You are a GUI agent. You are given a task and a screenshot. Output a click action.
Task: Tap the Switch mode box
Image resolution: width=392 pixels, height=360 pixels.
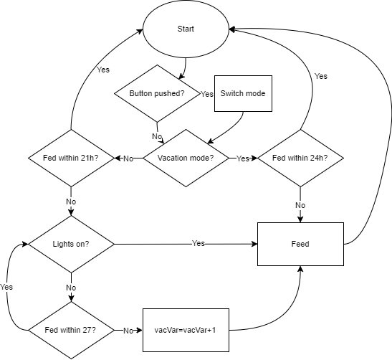(244, 93)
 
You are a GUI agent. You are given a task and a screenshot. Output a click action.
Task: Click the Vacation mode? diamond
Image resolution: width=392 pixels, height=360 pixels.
(186, 158)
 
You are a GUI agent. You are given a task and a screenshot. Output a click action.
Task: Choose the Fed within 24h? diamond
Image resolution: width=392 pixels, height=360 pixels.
(301, 158)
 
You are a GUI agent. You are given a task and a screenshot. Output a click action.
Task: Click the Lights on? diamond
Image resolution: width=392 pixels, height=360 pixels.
(71, 244)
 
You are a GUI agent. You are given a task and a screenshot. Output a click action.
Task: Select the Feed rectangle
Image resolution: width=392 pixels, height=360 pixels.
(301, 244)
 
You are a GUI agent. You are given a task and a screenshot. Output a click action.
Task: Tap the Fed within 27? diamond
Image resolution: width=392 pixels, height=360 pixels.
(71, 330)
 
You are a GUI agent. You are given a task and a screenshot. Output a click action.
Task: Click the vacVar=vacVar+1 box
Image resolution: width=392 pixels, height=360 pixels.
(186, 330)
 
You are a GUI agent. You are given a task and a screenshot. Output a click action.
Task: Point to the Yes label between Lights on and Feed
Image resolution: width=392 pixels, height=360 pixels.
(198, 244)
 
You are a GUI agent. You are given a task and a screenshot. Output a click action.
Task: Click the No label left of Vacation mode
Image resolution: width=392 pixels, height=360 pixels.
(128, 158)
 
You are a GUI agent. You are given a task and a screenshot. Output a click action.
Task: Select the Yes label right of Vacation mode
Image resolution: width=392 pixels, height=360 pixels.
(243, 158)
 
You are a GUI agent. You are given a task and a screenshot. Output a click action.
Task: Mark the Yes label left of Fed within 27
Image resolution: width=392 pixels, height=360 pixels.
(6, 286)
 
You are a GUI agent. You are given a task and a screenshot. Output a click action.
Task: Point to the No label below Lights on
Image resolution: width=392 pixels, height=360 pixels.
(71, 287)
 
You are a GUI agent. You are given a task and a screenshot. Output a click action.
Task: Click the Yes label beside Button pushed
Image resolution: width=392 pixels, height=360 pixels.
(207, 94)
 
